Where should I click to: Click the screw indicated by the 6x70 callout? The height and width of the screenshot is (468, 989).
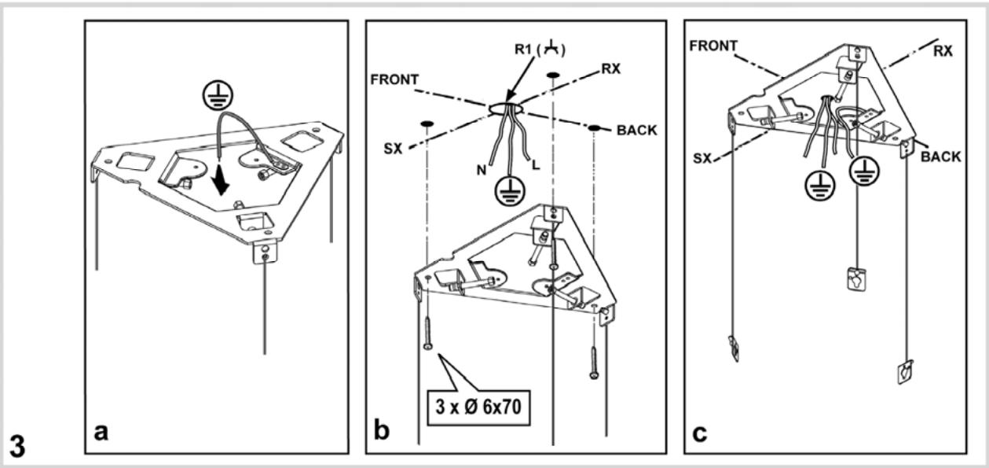(427, 331)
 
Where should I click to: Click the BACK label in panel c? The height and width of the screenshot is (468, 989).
(940, 157)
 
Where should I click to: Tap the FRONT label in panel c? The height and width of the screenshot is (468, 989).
(712, 46)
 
